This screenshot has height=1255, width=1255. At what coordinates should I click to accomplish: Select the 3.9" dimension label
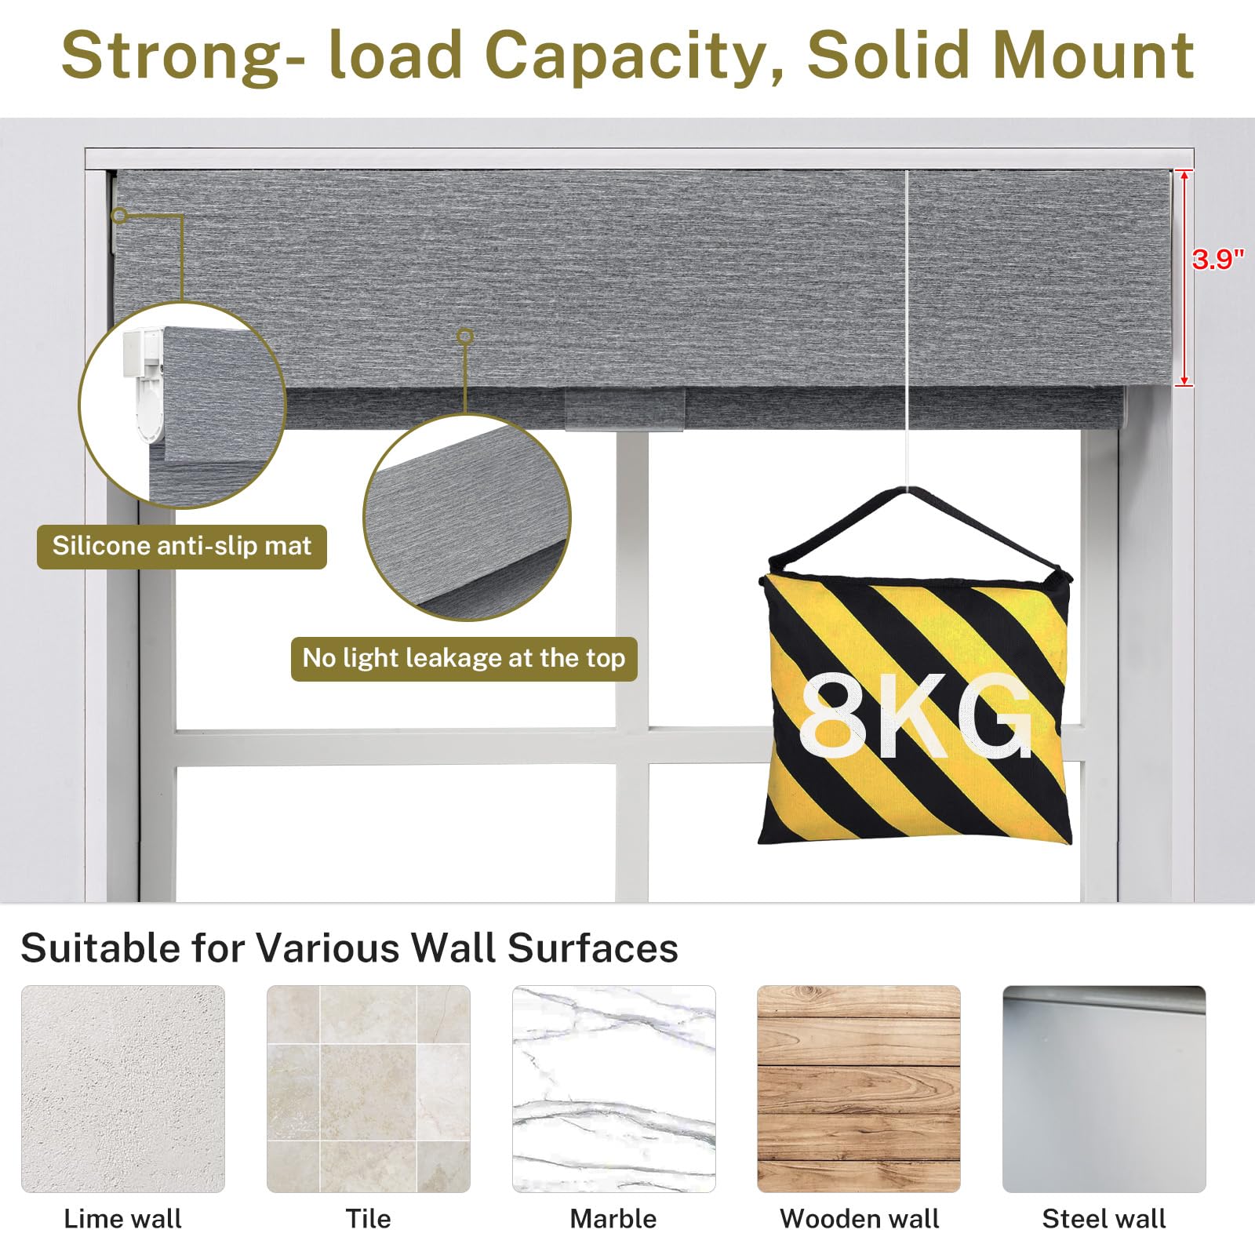point(1218,259)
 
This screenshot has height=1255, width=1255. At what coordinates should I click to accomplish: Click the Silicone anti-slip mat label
point(182,546)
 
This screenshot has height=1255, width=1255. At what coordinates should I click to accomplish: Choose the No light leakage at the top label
point(464,658)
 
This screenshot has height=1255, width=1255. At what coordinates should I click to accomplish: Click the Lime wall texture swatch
point(123,1089)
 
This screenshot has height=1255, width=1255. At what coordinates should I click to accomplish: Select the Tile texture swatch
point(369,1089)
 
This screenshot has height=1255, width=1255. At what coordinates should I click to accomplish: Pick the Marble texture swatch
point(614,1089)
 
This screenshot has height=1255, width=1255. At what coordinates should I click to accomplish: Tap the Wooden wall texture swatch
point(859,1089)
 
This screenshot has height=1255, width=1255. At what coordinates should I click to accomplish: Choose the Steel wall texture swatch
point(1104,1089)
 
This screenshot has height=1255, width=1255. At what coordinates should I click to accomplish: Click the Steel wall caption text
point(1104,1219)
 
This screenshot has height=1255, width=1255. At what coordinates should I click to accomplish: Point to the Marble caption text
point(613,1219)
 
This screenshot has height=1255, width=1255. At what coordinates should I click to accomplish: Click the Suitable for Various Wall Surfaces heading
point(350,948)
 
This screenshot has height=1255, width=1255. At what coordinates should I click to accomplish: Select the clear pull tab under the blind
point(625,409)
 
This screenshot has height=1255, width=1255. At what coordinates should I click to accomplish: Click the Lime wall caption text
point(122,1219)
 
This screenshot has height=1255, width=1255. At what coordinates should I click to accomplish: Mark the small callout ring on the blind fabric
point(465,336)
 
